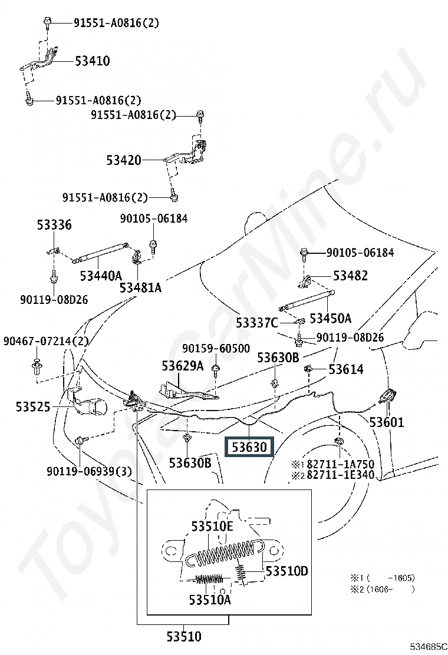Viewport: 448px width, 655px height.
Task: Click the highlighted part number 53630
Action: (249, 448)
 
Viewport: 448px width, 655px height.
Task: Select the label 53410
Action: (93, 61)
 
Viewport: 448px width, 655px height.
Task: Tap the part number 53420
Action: (124, 160)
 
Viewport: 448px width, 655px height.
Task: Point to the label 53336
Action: (54, 225)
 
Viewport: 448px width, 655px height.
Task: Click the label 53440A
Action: (101, 276)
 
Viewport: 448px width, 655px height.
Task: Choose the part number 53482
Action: (350, 276)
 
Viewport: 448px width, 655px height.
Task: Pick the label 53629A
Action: (183, 366)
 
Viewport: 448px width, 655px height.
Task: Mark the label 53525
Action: (33, 406)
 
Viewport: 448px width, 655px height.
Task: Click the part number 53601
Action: (387, 422)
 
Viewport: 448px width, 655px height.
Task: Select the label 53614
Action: (346, 369)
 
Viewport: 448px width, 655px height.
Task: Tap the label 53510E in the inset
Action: (212, 527)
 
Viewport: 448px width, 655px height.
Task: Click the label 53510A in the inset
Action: (210, 600)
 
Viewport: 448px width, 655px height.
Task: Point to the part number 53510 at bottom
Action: (184, 637)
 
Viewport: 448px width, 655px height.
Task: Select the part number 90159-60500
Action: (216, 348)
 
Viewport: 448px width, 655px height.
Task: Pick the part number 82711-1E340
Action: (340, 475)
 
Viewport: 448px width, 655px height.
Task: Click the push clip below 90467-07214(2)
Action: (36, 366)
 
